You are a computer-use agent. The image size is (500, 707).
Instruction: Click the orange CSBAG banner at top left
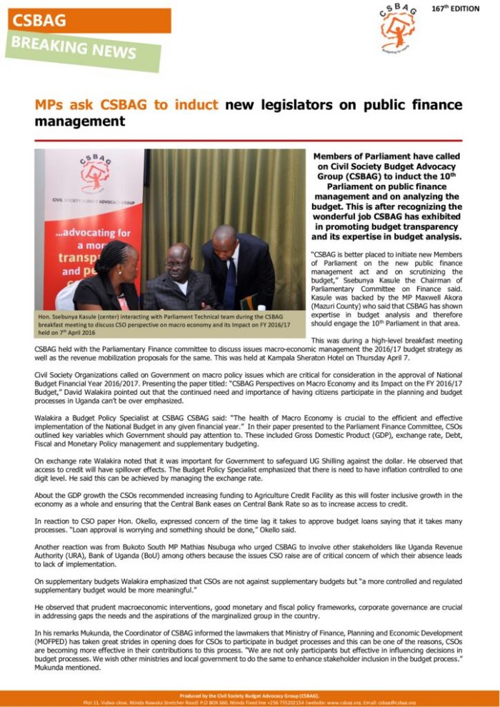pyautogui.click(x=86, y=21)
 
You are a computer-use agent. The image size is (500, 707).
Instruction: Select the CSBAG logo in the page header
pyautogui.click(x=397, y=29)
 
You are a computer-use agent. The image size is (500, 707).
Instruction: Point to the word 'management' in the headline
pyautogui.click(x=79, y=121)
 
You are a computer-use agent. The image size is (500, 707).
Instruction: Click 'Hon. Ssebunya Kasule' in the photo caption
pyautogui.click(x=71, y=316)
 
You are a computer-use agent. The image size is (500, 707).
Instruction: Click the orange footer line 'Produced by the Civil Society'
pyautogui.click(x=249, y=694)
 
